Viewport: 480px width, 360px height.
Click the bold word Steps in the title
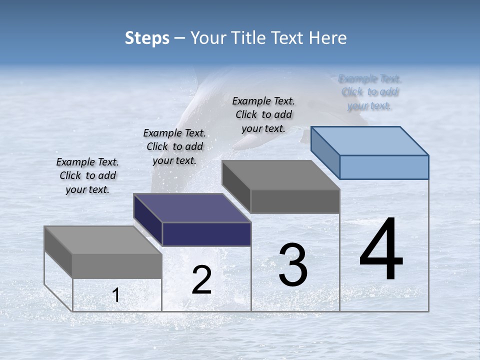[x=147, y=38]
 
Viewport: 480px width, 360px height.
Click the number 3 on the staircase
[x=293, y=265]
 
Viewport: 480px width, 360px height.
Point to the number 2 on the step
[x=201, y=280]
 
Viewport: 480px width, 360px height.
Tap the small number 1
[x=116, y=295]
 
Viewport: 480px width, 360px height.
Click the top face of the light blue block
[x=369, y=140]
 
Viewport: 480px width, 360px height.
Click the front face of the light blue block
[x=384, y=167]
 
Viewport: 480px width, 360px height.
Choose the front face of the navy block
[x=206, y=234]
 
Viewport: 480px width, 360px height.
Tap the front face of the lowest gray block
[x=117, y=266]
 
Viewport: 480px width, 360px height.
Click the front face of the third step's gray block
[x=295, y=201]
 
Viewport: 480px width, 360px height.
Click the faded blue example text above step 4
[x=370, y=92]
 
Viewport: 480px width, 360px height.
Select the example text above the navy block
[x=174, y=146]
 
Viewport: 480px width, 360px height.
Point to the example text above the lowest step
[x=87, y=175]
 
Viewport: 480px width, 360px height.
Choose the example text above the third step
[x=263, y=114]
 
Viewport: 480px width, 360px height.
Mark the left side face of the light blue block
[x=325, y=152]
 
